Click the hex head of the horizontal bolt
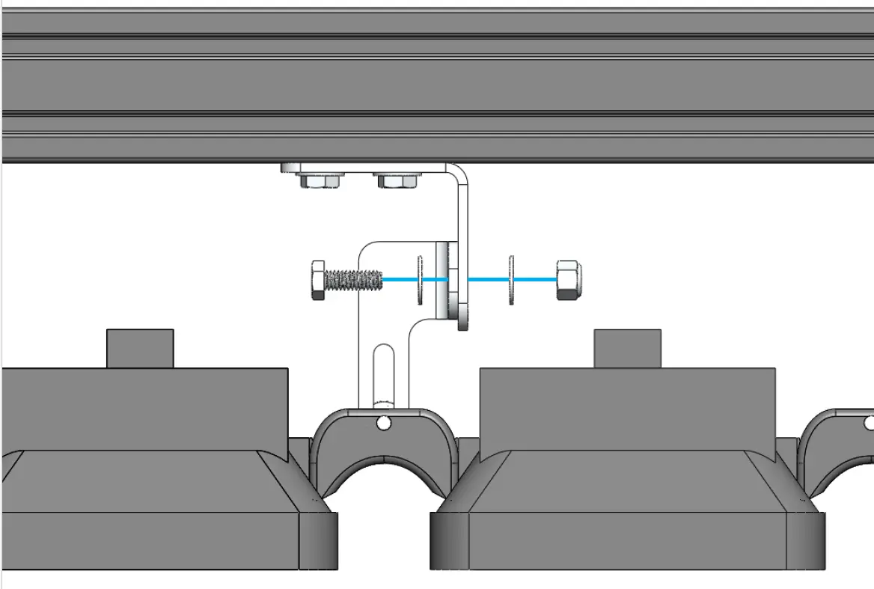pos(317,281)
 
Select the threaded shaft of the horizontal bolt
pos(355,281)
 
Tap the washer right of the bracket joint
pos(512,280)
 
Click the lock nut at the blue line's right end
pos(569,280)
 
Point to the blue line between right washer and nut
pos(535,280)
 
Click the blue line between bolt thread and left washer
pos(399,280)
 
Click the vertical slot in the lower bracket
pos(382,374)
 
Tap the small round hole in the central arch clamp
pos(384,424)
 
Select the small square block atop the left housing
pos(140,349)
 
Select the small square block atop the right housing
pos(627,349)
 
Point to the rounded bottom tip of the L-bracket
pos(462,323)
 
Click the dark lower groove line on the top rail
pos(437,114)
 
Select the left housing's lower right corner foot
pos(319,540)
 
